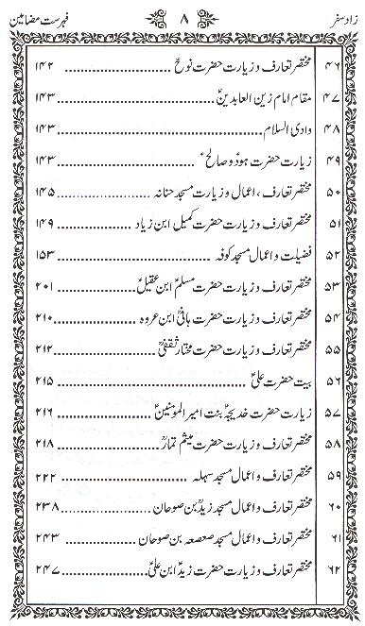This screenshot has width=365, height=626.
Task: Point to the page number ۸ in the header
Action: click(x=182, y=15)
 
